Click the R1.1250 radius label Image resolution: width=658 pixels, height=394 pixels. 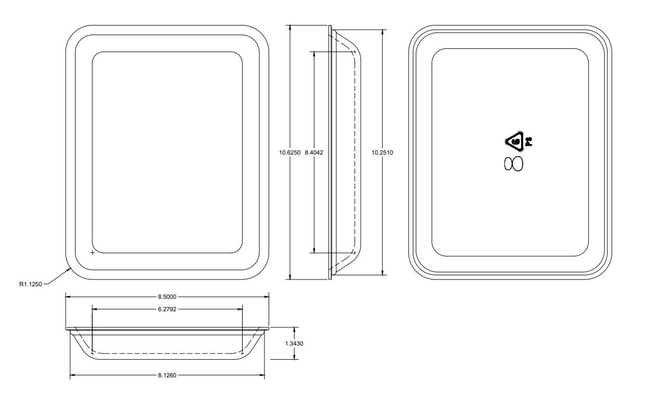30,284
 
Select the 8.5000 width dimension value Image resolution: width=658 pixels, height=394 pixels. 167,297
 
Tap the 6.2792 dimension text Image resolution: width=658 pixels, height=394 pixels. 167,309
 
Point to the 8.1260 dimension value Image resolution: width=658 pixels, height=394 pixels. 167,375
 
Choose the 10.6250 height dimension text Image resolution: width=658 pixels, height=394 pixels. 289,152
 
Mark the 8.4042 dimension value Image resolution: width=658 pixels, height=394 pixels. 314,152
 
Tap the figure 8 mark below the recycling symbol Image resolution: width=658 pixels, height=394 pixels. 513,164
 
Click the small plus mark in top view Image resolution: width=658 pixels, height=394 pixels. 93,252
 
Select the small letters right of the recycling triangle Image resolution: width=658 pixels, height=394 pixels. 528,141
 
